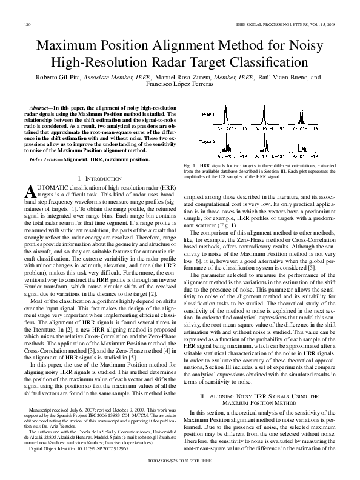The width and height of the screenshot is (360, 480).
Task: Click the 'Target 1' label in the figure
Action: (x=207, y=114)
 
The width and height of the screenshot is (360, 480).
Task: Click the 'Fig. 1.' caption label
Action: (x=196, y=165)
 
